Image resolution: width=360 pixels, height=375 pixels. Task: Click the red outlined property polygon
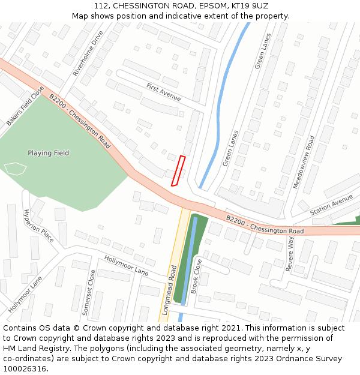(x=178, y=171)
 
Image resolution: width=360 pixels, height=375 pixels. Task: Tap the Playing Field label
(x=48, y=153)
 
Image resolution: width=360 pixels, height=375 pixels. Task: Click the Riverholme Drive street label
(x=88, y=53)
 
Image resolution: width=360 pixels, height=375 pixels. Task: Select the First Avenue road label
(x=163, y=92)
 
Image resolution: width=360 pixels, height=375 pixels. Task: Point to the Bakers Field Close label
(x=25, y=106)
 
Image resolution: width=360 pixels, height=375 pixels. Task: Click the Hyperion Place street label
(x=38, y=226)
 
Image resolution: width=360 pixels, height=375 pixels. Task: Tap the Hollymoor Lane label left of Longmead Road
(x=126, y=265)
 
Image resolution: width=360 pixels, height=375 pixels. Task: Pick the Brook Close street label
(x=196, y=276)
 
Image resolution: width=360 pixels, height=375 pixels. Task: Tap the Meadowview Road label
(x=303, y=162)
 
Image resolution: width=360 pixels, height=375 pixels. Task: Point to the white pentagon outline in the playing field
(x=15, y=169)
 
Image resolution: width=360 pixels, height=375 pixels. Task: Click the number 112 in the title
(x=101, y=5)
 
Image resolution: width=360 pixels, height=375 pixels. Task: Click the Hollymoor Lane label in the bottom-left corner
(x=26, y=295)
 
